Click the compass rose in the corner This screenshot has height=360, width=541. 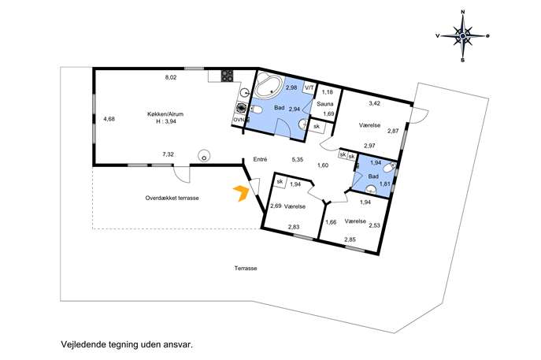tap(463, 35)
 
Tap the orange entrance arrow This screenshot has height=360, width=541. tap(241, 193)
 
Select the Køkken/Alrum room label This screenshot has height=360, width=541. tap(165, 114)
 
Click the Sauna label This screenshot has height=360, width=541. tap(325, 104)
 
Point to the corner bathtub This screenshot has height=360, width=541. tap(269, 86)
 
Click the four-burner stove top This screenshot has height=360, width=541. tap(227, 76)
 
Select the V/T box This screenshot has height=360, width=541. tap(309, 87)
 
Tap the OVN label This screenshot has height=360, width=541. tap(239, 120)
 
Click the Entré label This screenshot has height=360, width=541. tap(260, 159)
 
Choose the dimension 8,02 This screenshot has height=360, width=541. tap(171, 78)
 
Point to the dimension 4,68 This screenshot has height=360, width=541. tap(109, 119)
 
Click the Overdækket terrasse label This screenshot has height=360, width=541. tap(172, 199)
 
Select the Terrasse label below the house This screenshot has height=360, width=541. tap(246, 268)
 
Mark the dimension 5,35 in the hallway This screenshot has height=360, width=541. tap(298, 159)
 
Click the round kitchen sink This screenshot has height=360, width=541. tap(245, 92)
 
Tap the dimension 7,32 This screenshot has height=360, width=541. tap(168, 154)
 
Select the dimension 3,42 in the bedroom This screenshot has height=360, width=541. tap(374, 103)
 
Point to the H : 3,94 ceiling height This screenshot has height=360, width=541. tap(166, 121)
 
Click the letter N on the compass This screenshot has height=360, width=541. tap(463, 12)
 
